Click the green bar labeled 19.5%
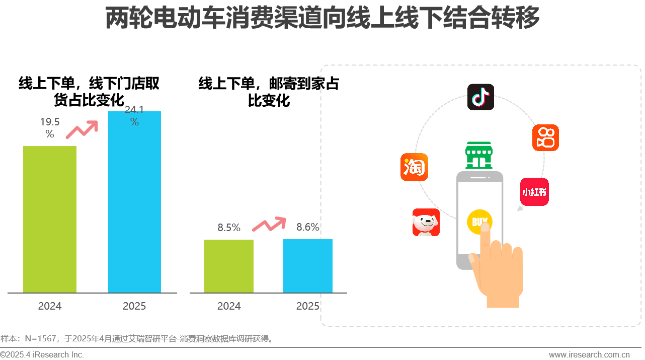(x=50, y=219)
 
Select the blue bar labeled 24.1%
(x=134, y=201)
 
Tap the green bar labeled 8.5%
(x=229, y=266)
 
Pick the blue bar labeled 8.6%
(x=308, y=266)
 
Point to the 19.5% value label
(x=50, y=127)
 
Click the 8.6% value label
(x=308, y=227)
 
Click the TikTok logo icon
(x=480, y=97)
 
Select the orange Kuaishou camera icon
(x=545, y=137)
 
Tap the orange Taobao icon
(x=414, y=167)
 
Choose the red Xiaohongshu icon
(x=534, y=192)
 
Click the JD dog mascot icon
(x=426, y=223)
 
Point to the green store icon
(x=478, y=156)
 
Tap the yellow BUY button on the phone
(x=479, y=222)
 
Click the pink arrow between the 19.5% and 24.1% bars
(x=83, y=129)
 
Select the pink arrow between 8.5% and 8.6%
(x=269, y=224)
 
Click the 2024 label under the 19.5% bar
(x=50, y=306)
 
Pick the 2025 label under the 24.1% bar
(x=134, y=306)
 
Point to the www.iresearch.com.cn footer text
(x=589, y=355)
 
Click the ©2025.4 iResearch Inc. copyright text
(x=42, y=355)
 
